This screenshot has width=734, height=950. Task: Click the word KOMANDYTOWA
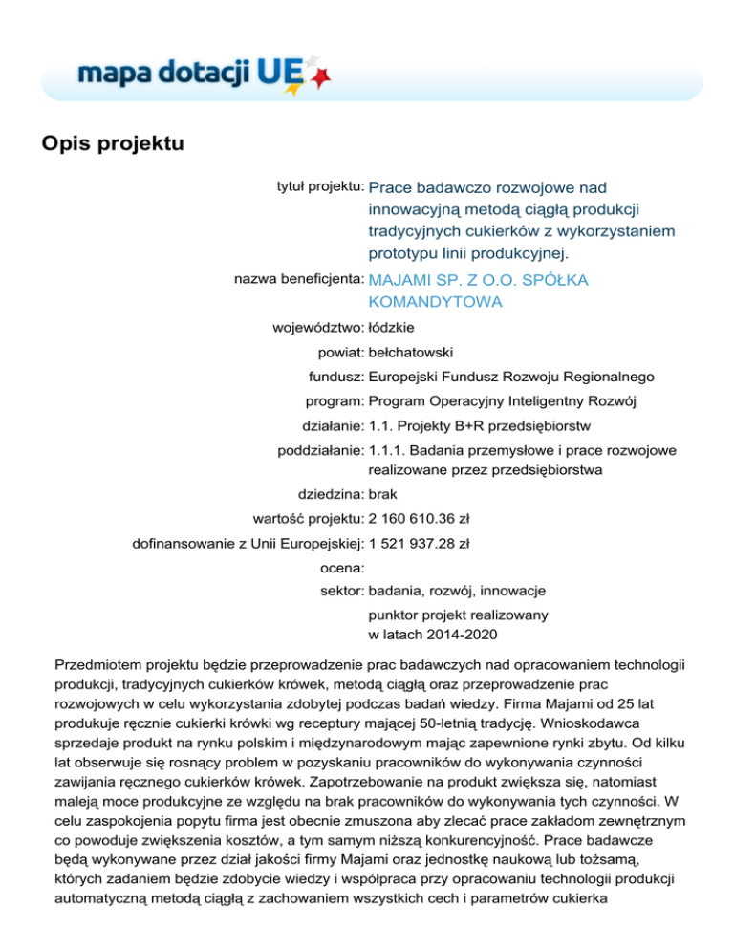tap(435, 302)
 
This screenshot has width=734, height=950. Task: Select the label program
tap(330, 400)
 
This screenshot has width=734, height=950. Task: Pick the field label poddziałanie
tap(313, 448)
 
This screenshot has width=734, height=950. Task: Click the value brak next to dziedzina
tap(383, 495)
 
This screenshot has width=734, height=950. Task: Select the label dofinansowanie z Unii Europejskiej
tap(247, 543)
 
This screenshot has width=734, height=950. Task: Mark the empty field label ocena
tap(341, 567)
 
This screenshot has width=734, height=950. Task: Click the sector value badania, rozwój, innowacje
tap(456, 591)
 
